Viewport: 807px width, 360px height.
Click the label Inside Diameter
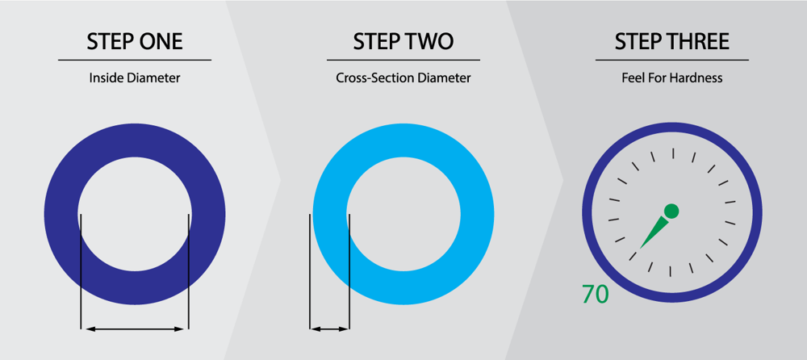tap(135, 77)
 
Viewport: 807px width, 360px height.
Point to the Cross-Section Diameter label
tap(403, 78)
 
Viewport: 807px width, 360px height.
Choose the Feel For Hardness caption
tap(672, 78)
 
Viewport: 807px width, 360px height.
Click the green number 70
tap(595, 294)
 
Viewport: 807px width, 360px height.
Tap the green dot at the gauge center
tap(671, 211)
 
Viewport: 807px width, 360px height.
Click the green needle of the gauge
tap(654, 232)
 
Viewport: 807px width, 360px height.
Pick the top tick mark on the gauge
tap(673, 153)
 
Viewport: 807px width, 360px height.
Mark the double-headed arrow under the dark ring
tap(135, 329)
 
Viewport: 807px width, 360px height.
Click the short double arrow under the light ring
tap(329, 329)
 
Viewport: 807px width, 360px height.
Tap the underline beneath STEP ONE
tap(135, 61)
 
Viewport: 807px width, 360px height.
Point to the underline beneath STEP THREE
tap(672, 61)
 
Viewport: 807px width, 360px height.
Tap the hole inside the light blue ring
tap(403, 214)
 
